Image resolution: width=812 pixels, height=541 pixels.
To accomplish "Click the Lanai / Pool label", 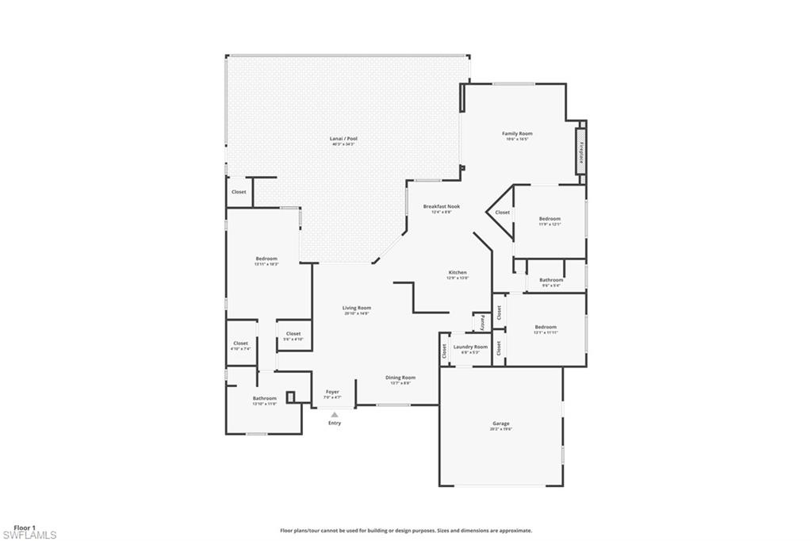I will pos(343,139).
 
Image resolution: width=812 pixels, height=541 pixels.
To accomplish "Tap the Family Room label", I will pos(517,133).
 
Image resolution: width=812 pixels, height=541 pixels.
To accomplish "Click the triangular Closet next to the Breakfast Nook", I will pos(502,212).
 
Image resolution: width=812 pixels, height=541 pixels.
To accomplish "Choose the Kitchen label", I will pos(458,272).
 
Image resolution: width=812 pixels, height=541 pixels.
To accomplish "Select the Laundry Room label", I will pos(470,347).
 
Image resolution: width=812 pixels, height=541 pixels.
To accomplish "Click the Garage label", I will pos(501,424).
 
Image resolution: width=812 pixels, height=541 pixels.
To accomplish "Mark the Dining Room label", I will pos(400,378).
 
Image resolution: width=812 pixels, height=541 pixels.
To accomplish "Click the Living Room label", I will pos(357,308).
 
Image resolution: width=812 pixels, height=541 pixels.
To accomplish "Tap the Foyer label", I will pos(333,392).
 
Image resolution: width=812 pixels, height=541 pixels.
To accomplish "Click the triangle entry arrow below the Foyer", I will pos(335,413).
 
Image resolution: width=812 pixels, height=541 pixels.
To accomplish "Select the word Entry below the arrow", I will pos(335,423).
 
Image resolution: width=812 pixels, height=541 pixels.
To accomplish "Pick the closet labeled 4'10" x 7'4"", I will pos(240,344).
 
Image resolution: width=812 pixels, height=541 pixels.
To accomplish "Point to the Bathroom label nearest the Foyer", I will pos(265,398).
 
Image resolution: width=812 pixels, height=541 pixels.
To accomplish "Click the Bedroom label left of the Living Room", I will pos(266,259).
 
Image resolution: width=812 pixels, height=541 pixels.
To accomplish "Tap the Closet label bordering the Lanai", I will pos(239,192).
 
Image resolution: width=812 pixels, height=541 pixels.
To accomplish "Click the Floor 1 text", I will pos(24,528).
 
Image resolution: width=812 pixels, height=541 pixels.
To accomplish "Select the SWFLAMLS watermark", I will pos(29,535).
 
